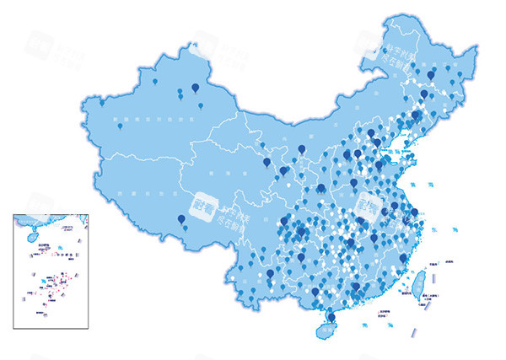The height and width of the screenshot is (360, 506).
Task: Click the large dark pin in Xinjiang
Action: tap(196, 87)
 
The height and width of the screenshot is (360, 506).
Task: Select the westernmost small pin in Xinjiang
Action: tap(103, 101)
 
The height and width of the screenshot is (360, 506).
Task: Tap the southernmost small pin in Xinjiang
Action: tap(119, 126)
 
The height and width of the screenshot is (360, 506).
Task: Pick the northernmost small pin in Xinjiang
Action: tap(154, 80)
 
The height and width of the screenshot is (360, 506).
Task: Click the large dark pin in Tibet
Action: tap(181, 220)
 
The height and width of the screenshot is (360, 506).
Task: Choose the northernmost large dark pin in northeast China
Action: tap(431, 75)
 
